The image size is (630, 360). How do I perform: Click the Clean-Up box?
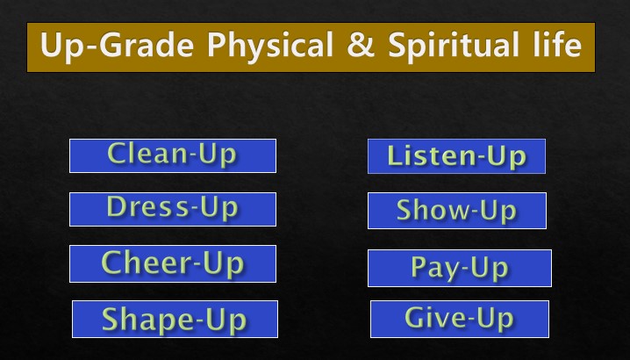click(173, 155)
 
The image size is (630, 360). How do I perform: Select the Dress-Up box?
click(173, 209)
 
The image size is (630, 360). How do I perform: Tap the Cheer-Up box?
click(173, 263)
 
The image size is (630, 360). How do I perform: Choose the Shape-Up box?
click(175, 319)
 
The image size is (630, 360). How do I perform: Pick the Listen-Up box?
click(456, 156)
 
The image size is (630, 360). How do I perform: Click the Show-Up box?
click(457, 211)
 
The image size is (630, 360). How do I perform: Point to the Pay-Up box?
click(460, 268)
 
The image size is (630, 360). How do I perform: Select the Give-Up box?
click(460, 319)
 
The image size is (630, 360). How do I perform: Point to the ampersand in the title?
click(361, 44)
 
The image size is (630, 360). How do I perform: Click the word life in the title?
click(558, 43)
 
